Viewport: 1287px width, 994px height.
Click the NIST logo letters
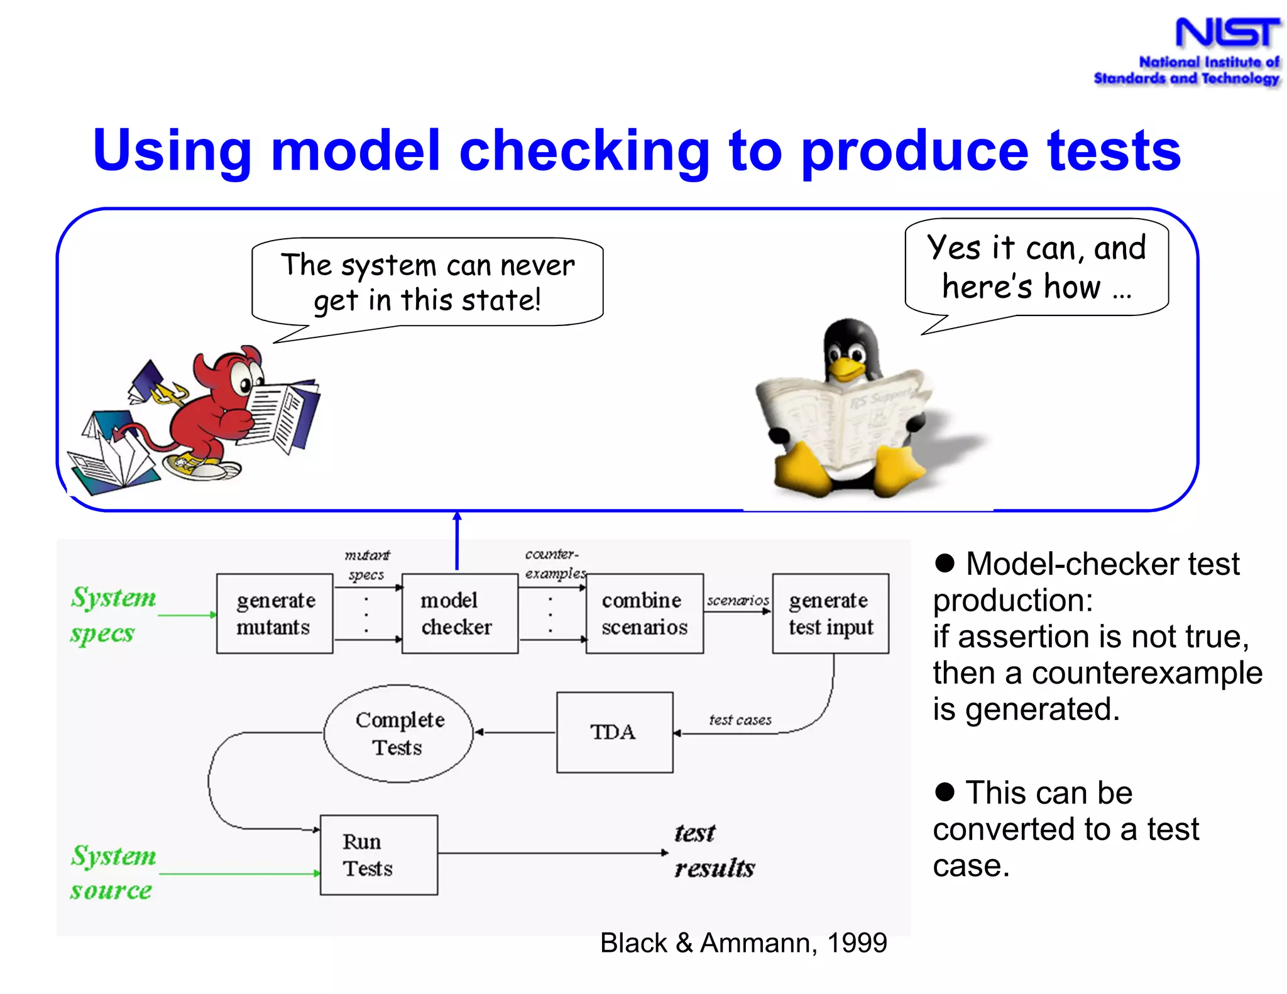point(1227,33)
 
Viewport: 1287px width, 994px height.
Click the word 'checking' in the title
point(584,151)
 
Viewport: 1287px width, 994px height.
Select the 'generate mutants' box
point(275,614)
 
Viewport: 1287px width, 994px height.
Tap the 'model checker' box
point(459,614)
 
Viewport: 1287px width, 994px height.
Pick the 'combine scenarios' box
point(644,614)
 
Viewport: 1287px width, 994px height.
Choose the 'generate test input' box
point(830,614)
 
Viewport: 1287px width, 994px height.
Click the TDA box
point(614,733)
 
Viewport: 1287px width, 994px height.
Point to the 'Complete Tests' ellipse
point(398,734)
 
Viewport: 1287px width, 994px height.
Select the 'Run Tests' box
point(378,855)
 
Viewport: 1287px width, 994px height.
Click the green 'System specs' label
point(112,614)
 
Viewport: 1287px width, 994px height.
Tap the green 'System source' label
point(112,873)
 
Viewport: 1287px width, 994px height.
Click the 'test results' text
point(714,851)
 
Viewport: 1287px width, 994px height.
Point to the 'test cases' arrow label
point(740,720)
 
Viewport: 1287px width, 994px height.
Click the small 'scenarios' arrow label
point(738,601)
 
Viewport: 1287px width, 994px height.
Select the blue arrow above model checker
point(457,540)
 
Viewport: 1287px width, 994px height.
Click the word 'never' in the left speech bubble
point(537,266)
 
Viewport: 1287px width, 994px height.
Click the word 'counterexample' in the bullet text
point(1147,673)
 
